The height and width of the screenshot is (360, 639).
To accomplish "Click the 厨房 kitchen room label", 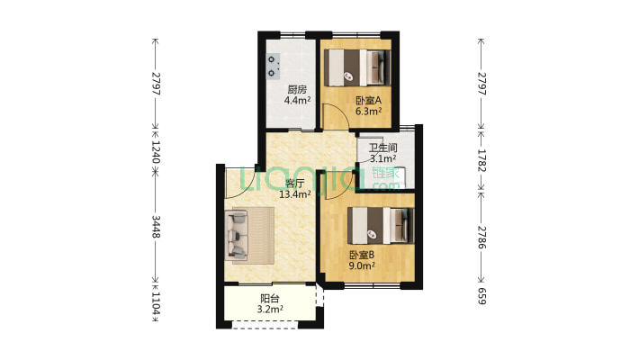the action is tap(297, 89).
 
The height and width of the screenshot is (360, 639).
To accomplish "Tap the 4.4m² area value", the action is tap(298, 100).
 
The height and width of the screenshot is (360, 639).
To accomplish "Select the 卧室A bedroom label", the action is tap(368, 100).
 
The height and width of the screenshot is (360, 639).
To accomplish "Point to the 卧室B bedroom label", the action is tap(362, 256).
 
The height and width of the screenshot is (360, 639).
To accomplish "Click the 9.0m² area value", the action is tap(362, 266).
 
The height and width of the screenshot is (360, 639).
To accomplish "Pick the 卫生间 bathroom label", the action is tap(383, 148).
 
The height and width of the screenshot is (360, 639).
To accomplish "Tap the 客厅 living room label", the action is tap(295, 184).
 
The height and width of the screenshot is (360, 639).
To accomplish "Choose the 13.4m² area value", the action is tap(295, 194).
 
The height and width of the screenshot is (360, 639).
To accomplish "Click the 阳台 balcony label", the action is tap(270, 299).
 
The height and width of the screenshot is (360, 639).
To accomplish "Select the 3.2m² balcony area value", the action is tap(270, 310).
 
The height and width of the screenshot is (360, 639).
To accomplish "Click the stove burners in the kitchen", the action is tap(273, 66).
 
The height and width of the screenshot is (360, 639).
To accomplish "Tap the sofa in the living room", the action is tap(237, 235).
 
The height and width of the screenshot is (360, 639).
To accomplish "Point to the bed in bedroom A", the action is tap(357, 67).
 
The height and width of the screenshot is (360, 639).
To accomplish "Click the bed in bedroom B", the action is tap(381, 226).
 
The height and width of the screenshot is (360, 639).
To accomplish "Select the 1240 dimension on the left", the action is tap(156, 152).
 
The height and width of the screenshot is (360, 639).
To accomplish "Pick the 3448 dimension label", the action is tap(156, 227).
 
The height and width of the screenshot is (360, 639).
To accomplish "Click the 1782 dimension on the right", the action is tap(481, 160).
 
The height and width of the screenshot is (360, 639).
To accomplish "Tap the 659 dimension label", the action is tap(481, 296).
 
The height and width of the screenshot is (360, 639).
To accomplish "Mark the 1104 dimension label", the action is tap(156, 303).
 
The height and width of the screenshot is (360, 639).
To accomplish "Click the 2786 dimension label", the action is tap(481, 238).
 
